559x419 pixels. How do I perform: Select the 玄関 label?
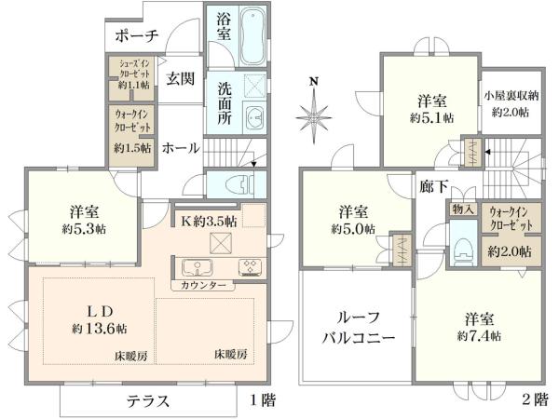(x=181, y=78)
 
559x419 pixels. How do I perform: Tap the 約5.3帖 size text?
(x=83, y=228)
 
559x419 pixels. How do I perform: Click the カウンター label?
(x=202, y=285)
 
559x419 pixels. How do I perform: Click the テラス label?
(x=148, y=401)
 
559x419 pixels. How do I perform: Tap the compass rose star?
(x=315, y=116)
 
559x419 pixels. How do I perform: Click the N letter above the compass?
(x=315, y=82)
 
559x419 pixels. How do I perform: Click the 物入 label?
(x=462, y=210)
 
